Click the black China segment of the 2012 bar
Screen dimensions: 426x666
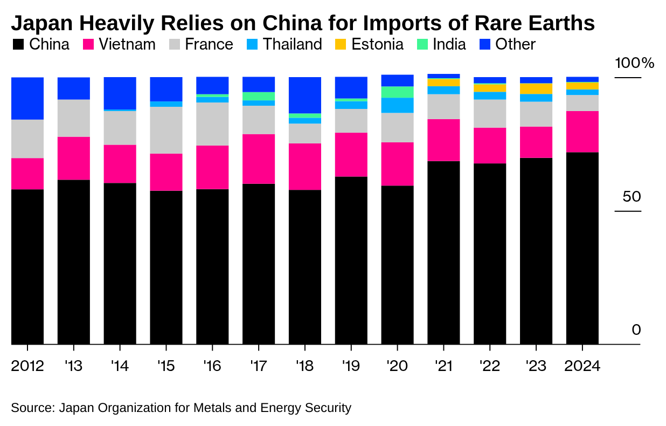(x=27, y=266)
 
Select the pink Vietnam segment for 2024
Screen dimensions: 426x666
(x=582, y=132)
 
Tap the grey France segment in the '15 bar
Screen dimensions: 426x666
(x=166, y=130)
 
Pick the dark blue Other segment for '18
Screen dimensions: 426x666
(x=305, y=95)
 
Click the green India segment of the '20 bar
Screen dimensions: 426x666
(x=397, y=92)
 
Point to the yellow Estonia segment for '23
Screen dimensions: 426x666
(x=536, y=88)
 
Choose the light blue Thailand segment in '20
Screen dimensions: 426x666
(x=397, y=105)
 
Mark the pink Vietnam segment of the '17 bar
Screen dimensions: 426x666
(x=259, y=159)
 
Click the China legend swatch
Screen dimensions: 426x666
(x=18, y=44)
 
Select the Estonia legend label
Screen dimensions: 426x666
(x=377, y=44)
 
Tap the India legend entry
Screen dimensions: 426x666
(x=449, y=44)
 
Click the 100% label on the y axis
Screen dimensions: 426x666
(x=634, y=64)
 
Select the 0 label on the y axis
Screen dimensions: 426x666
(x=636, y=329)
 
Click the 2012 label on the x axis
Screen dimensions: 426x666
(x=27, y=366)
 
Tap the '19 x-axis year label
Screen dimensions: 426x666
(x=351, y=366)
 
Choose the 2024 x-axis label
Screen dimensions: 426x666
(x=582, y=366)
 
